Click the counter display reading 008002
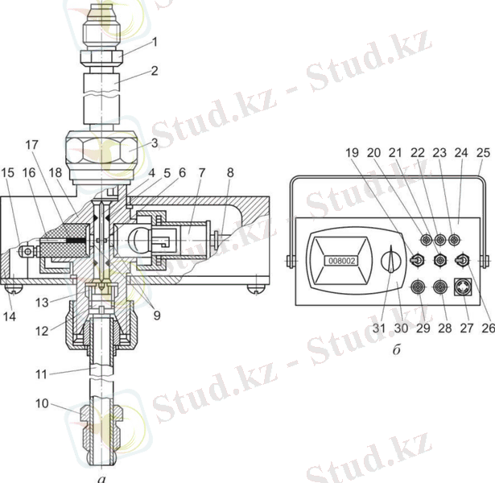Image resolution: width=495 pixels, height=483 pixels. coord(341,261)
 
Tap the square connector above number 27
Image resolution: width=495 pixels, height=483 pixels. coord(463,287)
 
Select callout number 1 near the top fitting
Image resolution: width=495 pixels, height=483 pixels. coord(155,42)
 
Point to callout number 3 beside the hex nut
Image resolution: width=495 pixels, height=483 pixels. coord(155,142)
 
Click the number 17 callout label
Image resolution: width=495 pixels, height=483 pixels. coord(31,145)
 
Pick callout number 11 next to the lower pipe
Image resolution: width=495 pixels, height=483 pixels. coord(41,374)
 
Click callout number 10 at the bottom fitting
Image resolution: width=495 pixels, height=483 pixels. coord(42,403)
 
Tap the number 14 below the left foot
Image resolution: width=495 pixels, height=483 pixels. coord(10,316)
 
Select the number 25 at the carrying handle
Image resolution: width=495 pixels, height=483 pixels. coord(483,153)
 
